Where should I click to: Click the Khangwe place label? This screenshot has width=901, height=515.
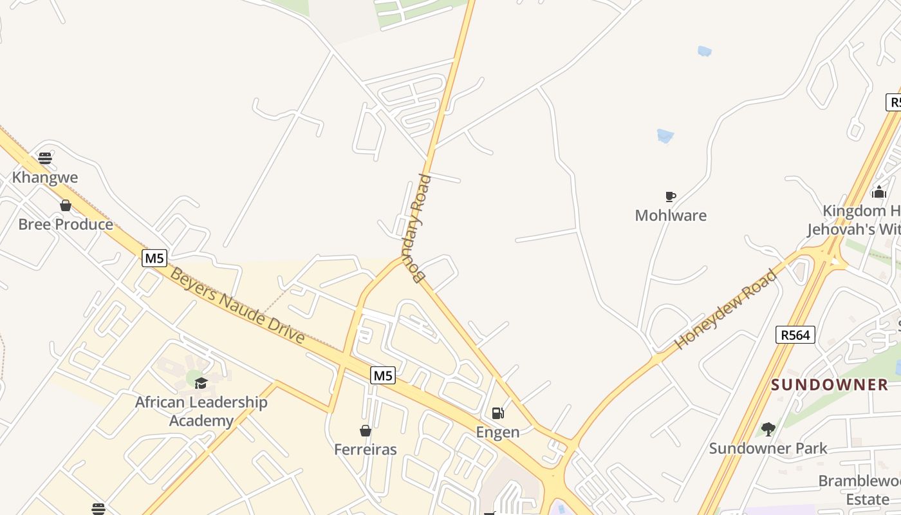point(45,178)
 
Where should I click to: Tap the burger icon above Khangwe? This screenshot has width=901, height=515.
point(44,158)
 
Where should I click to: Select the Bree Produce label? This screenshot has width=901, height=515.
point(66,225)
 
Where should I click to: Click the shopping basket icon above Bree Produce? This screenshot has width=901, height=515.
point(65,205)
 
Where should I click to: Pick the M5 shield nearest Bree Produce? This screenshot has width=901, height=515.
point(154,259)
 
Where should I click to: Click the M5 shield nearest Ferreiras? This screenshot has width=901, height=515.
point(382,375)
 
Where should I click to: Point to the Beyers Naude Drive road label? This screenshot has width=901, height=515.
point(237,306)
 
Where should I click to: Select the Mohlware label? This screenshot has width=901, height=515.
point(671,216)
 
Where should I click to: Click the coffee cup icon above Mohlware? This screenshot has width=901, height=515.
point(670,196)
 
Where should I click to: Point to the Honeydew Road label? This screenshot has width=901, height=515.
point(726,310)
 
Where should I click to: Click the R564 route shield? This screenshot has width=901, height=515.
point(795,335)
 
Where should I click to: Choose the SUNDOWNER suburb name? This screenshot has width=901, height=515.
point(830,385)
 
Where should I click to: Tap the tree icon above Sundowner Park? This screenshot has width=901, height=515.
point(768,429)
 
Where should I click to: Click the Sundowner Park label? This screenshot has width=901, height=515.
point(768,448)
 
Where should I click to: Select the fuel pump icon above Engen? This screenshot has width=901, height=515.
point(497,413)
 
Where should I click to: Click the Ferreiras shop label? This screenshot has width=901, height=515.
point(366,449)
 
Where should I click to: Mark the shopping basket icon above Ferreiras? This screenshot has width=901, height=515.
point(366,430)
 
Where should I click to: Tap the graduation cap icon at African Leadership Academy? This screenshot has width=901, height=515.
point(201,383)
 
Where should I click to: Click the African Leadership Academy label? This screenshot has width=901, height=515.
point(201,411)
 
